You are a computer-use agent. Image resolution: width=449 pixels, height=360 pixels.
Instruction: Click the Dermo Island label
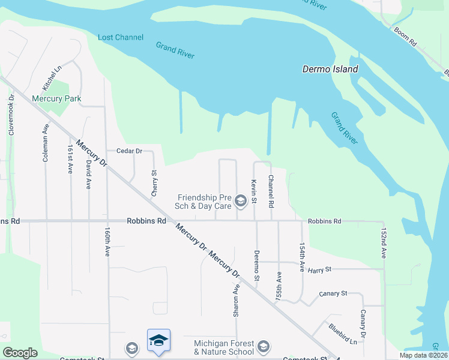(330, 69)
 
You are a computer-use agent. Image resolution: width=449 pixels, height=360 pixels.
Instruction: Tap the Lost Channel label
(121, 37)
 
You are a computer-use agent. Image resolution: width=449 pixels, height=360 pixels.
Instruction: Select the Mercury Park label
(56, 98)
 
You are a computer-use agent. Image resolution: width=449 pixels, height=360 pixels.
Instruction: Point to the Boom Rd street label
(406, 36)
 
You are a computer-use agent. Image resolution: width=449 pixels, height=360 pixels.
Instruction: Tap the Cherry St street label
(154, 183)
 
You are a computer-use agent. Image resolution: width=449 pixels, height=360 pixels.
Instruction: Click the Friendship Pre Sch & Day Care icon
(241, 200)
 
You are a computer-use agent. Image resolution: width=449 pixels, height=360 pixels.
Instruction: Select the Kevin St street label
(255, 190)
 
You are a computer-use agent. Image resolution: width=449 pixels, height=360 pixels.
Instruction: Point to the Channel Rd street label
(271, 191)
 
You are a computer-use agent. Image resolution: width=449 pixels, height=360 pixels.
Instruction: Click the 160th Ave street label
(108, 239)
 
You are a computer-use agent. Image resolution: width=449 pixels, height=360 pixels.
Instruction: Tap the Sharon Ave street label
(237, 301)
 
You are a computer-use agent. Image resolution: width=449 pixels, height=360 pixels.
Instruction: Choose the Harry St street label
(319, 270)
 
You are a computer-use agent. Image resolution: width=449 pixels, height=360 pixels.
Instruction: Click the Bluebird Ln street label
(343, 334)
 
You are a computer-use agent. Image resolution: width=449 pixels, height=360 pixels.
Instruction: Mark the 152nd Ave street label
(384, 242)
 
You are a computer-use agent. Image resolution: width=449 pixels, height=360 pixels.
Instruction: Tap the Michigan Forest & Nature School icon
(263, 347)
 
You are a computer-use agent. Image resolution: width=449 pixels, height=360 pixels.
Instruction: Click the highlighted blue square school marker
(158, 340)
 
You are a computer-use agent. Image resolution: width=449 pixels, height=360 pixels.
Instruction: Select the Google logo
(20, 353)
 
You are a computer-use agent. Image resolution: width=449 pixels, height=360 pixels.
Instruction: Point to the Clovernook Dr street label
(11, 113)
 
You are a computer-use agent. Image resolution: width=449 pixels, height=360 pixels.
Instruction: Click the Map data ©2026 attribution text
(424, 355)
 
